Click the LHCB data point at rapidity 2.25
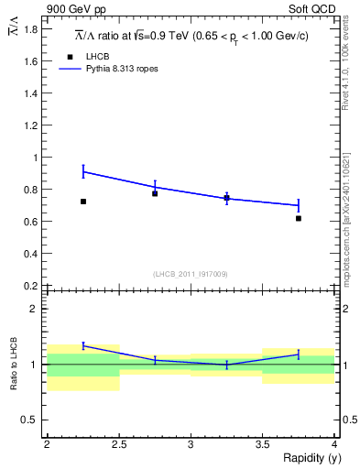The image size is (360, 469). coord(82,202)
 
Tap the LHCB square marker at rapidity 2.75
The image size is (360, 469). coord(155,193)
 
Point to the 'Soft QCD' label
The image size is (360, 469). coord(314,9)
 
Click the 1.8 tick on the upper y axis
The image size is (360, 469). coord(31,29)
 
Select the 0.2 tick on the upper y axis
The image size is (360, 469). coord(31,286)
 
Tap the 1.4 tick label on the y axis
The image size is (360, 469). coord(31,93)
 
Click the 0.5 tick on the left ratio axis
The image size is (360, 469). coord(29,420)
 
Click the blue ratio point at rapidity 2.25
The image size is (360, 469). coord(82,345)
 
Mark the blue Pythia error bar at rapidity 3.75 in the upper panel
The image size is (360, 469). coord(299,205)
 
